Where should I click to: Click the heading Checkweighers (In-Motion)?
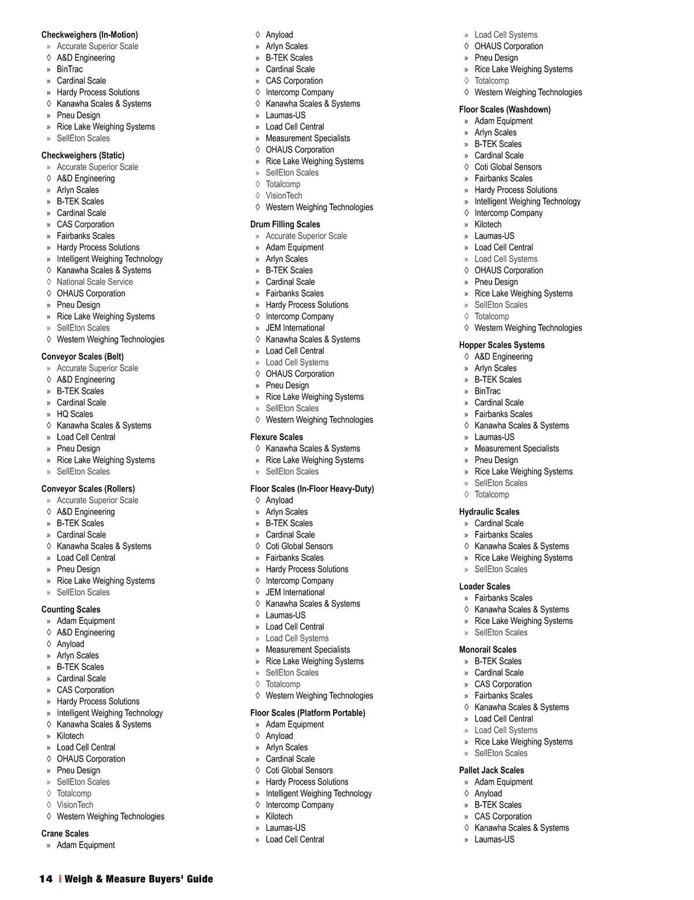coord(90,35)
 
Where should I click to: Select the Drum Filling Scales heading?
coord(285,224)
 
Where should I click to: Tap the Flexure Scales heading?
coord(276,437)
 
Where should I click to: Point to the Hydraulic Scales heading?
coord(489,512)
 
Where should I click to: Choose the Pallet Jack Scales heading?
coord(492,770)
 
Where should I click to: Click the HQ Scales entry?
coord(75,414)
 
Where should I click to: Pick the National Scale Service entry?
coord(95,282)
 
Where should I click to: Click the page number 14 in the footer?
coord(46,879)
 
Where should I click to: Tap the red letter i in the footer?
coord(60,879)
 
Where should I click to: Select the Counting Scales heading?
coord(71,609)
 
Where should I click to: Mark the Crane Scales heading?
coord(65,834)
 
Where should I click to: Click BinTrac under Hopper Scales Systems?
coord(488,391)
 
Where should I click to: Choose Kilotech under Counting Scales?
coord(70,736)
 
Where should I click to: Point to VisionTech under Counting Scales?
coord(75,805)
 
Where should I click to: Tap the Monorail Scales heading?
coord(488,649)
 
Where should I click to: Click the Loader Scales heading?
coord(485,586)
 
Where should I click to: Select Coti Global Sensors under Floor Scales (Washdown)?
coord(508,167)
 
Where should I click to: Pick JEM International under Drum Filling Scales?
coord(295,328)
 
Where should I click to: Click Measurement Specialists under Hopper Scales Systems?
coord(516,448)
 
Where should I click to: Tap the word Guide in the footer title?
coord(200,879)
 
